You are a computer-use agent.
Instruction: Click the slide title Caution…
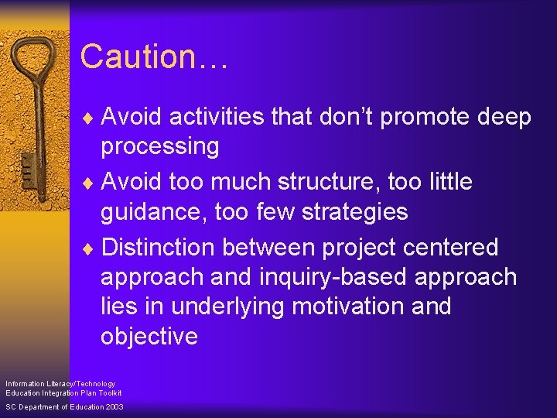pyautogui.click(x=153, y=57)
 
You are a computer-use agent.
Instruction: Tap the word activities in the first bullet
pyautogui.click(x=217, y=117)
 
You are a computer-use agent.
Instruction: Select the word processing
pyautogui.click(x=160, y=146)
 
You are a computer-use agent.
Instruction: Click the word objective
pyautogui.click(x=149, y=337)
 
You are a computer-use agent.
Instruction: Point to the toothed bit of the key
pyautogui.click(x=27, y=170)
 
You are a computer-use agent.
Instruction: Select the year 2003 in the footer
pyautogui.click(x=113, y=407)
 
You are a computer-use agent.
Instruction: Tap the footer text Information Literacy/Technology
pyautogui.click(x=60, y=384)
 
